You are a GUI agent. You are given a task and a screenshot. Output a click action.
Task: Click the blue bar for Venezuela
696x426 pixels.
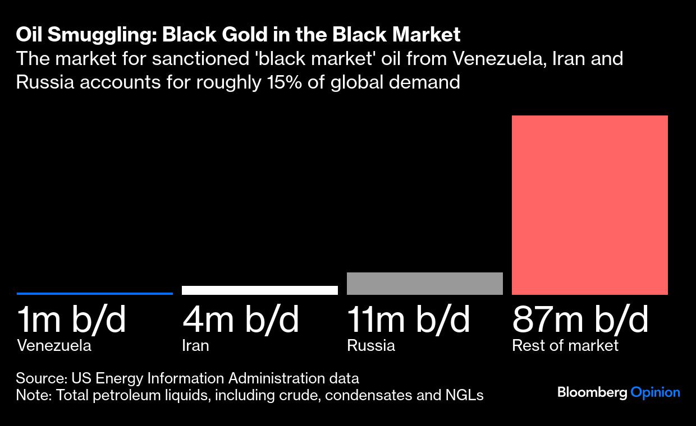(x=95, y=293)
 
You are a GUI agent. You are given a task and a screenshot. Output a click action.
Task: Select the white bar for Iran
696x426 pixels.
(x=260, y=290)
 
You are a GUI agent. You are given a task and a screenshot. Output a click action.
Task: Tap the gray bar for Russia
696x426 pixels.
(x=425, y=284)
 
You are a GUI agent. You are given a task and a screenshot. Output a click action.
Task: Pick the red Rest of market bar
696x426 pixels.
(x=590, y=205)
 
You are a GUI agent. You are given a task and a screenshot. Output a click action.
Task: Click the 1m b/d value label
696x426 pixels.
(x=72, y=320)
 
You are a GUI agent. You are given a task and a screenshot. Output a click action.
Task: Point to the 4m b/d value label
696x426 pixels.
(x=241, y=320)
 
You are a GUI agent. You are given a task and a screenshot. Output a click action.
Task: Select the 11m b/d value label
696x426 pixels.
(x=409, y=320)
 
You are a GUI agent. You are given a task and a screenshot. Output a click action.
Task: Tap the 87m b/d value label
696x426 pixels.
(x=580, y=320)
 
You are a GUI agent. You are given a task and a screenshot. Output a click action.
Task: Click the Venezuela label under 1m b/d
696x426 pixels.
(x=54, y=345)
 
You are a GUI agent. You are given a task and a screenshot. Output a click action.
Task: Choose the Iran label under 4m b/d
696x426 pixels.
(x=195, y=345)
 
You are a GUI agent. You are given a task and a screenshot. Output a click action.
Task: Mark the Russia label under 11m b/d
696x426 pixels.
(x=371, y=345)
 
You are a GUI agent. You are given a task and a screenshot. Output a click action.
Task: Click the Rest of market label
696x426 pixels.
(x=565, y=345)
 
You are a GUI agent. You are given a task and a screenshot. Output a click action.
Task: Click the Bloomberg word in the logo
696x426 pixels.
(x=592, y=393)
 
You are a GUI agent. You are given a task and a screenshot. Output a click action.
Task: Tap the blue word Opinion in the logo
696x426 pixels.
(x=656, y=393)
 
